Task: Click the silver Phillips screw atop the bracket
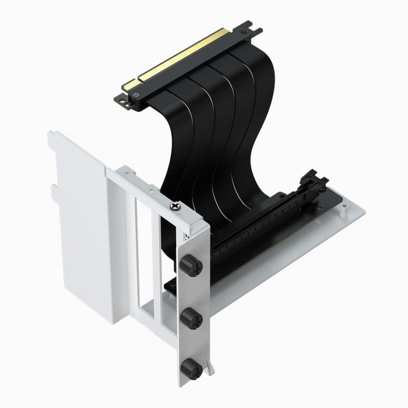174,205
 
